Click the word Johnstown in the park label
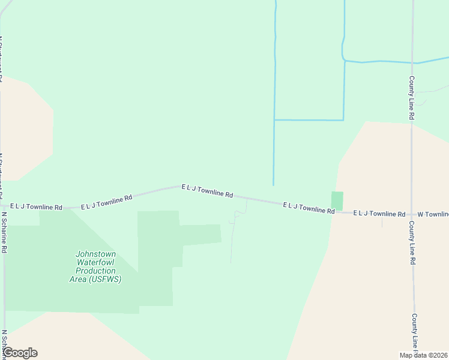pyautogui.click(x=95, y=254)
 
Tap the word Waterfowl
pyautogui.click(x=95, y=262)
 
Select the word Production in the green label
pyautogui.click(x=95, y=271)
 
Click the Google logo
pyautogui.click(x=20, y=353)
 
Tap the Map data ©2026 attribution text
pyautogui.click(x=424, y=355)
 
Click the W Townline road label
pyautogui.click(x=433, y=214)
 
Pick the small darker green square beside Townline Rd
pyautogui.click(x=337, y=201)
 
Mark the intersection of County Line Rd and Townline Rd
pyautogui.click(x=412, y=214)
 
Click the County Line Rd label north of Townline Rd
pyautogui.click(x=412, y=98)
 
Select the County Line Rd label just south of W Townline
pyautogui.click(x=412, y=243)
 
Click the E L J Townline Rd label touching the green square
pyautogui.click(x=309, y=208)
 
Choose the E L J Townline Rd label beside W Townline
pyautogui.click(x=379, y=213)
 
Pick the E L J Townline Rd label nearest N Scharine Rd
pyautogui.click(x=36, y=207)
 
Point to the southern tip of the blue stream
pyautogui.click(x=273, y=184)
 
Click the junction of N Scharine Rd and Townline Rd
pyautogui.click(x=3, y=208)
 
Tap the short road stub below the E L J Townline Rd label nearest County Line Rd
pyautogui.click(x=382, y=221)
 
